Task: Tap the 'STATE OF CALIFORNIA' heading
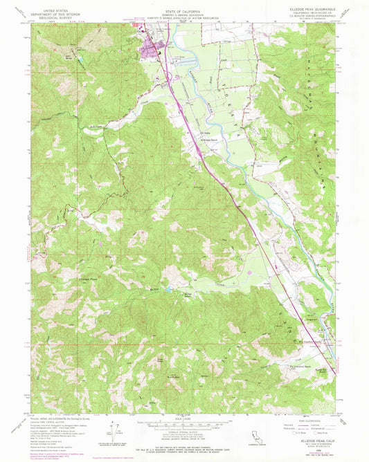(183, 11)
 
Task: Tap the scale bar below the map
(183, 427)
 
